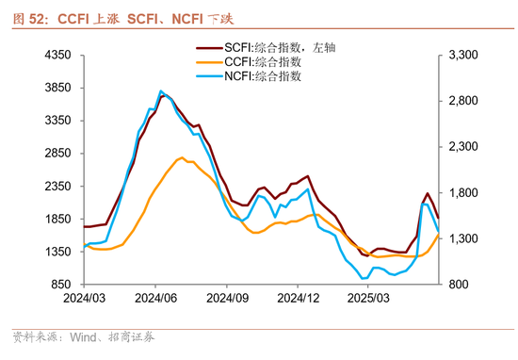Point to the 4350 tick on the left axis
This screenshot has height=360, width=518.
pos(59,57)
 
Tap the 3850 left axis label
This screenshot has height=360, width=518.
pos(59,89)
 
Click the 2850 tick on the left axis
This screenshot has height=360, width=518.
pos(59,154)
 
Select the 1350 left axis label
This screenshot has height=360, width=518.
pos(59,252)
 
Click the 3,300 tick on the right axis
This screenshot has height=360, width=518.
pos(465,57)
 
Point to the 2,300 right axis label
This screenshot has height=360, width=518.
pos(465,148)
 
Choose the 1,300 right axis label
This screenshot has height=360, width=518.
pos(465,239)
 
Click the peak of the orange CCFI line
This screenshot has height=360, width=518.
pos(181,157)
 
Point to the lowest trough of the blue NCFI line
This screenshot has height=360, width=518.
pos(364,278)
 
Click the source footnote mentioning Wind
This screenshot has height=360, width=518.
pos(81,336)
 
